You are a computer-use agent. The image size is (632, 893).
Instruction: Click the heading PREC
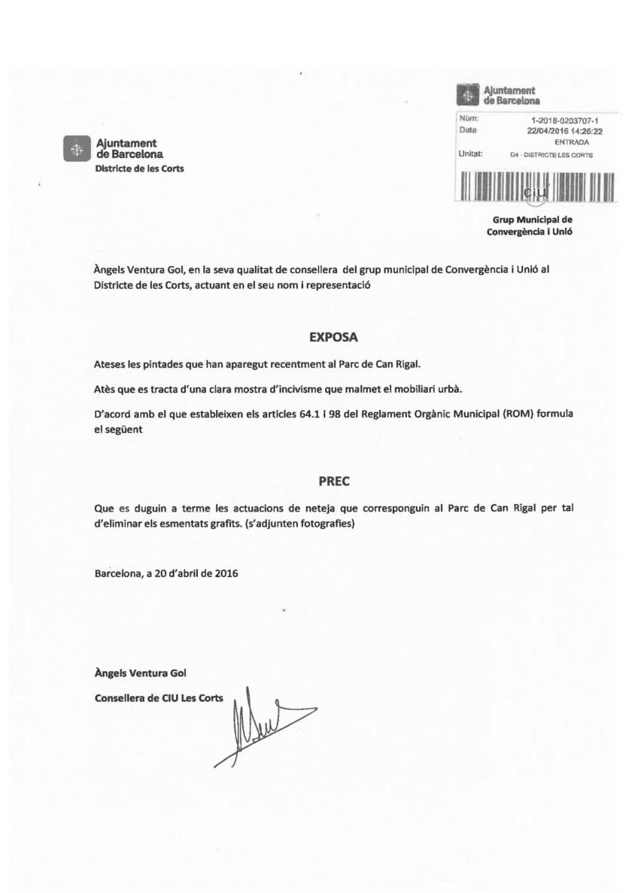(330, 479)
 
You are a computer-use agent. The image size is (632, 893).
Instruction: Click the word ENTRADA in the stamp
(572, 141)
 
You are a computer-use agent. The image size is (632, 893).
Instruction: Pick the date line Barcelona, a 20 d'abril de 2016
(166, 573)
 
